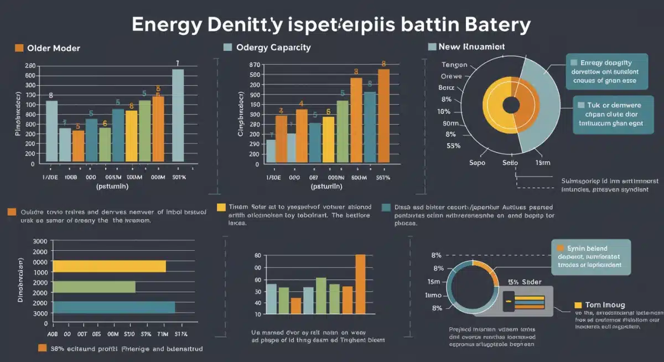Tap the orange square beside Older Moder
point(18,48)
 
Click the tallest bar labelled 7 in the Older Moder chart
point(178,116)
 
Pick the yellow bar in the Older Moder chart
point(131,137)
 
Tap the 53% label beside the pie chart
point(454,146)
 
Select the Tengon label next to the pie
point(455,65)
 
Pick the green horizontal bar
point(94,286)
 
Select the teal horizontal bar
point(114,307)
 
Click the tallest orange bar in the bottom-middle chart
point(360,284)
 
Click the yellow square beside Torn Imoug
point(578,305)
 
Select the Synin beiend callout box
point(591,257)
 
